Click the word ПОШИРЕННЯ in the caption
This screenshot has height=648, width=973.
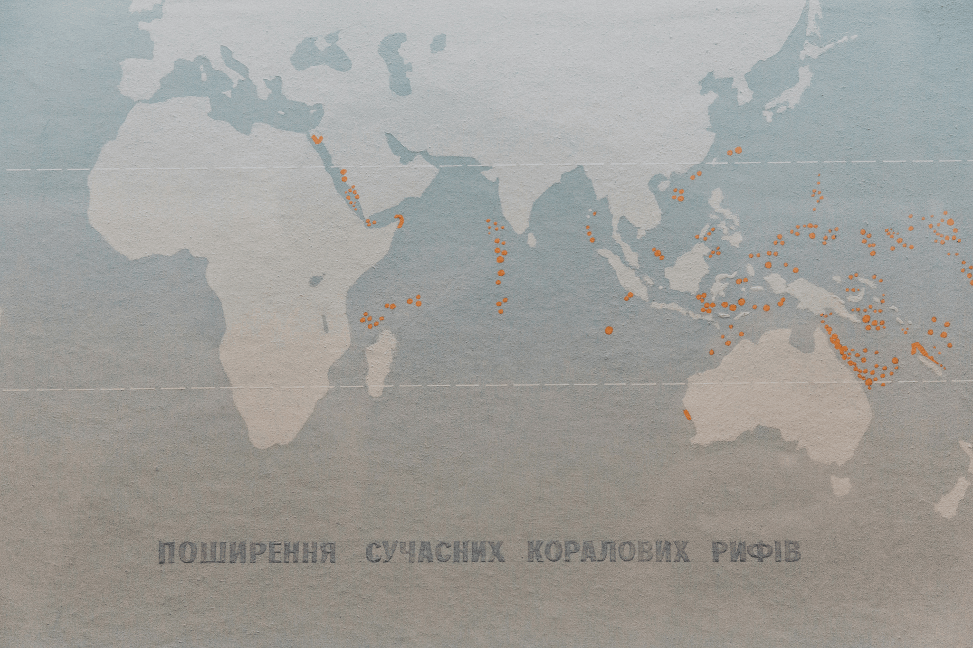pyautogui.click(x=247, y=552)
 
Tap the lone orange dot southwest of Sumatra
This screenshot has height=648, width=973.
pyautogui.click(x=609, y=329)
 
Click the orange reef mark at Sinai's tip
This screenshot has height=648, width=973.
pyautogui.click(x=315, y=140)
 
